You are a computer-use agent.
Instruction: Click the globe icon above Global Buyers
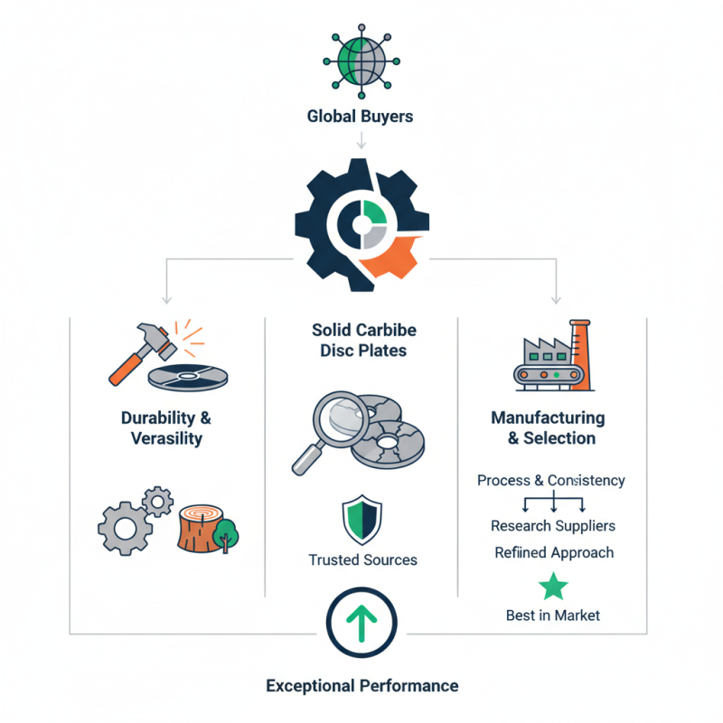click(361, 61)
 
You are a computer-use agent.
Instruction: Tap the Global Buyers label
click(361, 116)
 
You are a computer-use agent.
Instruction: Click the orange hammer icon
click(140, 352)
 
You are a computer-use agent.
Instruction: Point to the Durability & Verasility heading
click(165, 427)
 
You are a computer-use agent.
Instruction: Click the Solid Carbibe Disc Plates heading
click(363, 341)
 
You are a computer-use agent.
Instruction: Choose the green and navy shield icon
click(362, 520)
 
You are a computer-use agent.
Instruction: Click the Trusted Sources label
click(362, 560)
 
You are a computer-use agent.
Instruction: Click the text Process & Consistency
click(550, 481)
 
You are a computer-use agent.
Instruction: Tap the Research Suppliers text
click(552, 525)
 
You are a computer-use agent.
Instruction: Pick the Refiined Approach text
click(553, 552)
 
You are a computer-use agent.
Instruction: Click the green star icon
click(553, 587)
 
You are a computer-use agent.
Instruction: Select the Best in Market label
click(552, 615)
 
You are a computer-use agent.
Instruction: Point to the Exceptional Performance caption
click(361, 686)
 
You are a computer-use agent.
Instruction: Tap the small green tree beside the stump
click(227, 533)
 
